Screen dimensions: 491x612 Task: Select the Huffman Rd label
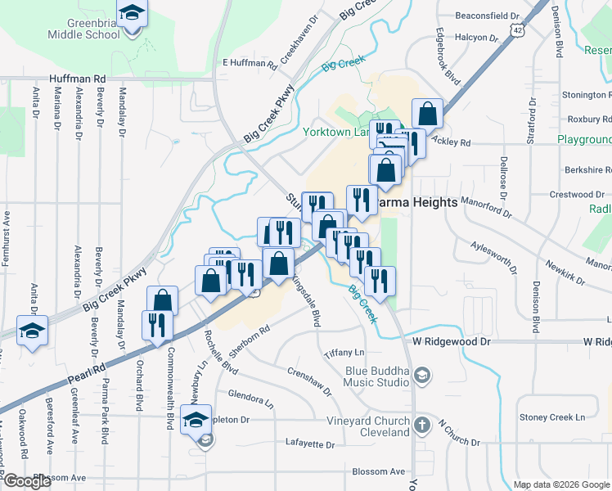point(78,79)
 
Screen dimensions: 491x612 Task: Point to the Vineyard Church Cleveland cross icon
point(421,426)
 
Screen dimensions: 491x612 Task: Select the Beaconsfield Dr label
point(488,16)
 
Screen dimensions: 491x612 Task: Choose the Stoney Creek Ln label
point(547,417)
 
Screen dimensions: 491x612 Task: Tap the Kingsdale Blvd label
point(304,300)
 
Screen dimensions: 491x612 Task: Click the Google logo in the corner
point(28,481)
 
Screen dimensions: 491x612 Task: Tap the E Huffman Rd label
point(250,63)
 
